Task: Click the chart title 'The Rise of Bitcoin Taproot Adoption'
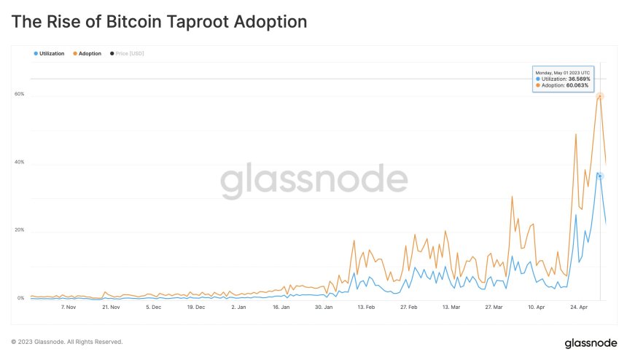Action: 159,22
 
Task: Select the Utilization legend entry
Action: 50,54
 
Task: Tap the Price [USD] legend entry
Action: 128,54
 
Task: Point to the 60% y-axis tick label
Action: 20,94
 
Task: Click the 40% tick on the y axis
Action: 20,163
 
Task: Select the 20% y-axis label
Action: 20,230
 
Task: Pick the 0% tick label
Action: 20,298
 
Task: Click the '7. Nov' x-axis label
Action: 69,308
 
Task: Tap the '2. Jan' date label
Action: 238,308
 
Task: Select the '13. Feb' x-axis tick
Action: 366,308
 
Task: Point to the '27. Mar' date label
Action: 494,308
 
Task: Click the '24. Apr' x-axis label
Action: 579,308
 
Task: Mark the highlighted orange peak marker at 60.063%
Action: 600,96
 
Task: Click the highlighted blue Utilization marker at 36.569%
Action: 600,176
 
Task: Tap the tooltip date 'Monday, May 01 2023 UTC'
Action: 562,72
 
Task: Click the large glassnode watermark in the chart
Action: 314,181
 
